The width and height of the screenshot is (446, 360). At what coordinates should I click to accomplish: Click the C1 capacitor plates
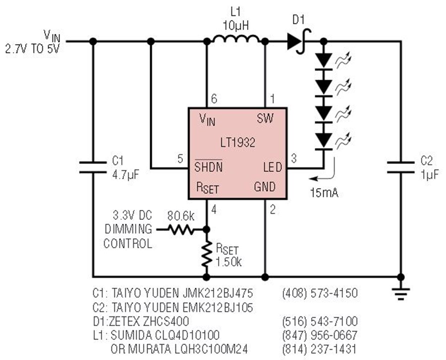coord(93,167)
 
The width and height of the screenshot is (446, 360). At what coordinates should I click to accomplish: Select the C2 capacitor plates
coord(401,167)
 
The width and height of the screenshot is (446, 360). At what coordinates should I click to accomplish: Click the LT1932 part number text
coord(238,142)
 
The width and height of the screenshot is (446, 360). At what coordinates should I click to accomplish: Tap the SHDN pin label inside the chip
coord(209,166)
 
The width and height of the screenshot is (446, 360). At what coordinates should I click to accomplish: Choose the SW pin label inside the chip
coord(265,118)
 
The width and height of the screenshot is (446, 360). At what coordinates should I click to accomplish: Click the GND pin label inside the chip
coord(265,187)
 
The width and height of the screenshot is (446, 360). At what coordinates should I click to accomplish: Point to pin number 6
coord(214,99)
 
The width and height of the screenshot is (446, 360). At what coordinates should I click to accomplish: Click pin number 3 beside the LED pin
coord(294,158)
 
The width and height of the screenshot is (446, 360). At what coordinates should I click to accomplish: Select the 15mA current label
coord(324,193)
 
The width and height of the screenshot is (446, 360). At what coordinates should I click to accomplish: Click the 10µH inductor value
coord(236,26)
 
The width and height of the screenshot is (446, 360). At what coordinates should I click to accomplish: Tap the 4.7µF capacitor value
coord(126,174)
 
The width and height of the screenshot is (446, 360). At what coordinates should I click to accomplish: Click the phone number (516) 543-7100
coord(320,321)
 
